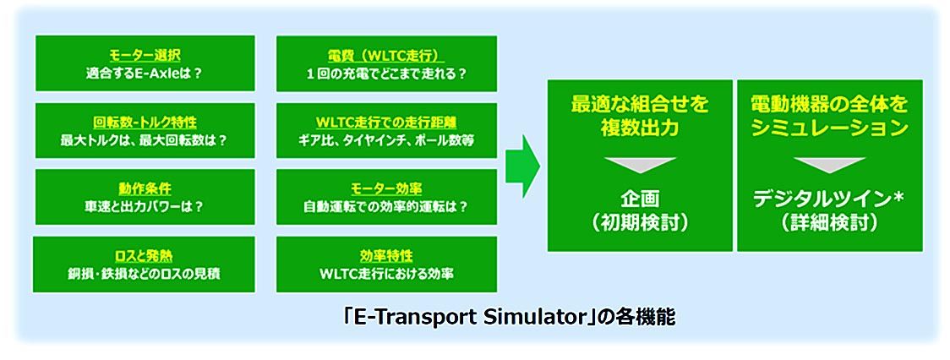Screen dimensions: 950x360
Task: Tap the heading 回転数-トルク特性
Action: pos(145,121)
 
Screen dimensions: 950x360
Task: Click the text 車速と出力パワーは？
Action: pos(145,206)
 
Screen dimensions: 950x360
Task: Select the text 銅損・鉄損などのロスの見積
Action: pos(145,273)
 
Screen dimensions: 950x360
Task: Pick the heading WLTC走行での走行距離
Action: pos(386,121)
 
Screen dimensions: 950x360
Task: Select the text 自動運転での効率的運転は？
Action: pos(386,206)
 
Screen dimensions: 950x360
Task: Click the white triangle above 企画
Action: pos(639,165)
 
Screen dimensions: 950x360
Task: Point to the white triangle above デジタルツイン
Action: pos(829,165)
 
